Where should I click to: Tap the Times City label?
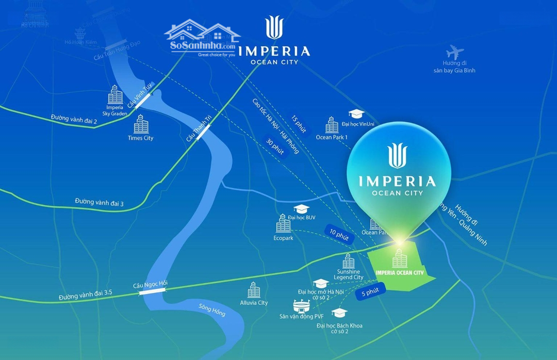click(140, 138)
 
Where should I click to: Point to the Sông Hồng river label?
click(212, 310)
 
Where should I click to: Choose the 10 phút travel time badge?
click(338, 233)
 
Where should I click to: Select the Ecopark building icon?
click(283, 224)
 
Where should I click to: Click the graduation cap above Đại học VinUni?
click(356, 114)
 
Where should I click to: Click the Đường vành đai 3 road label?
click(99, 202)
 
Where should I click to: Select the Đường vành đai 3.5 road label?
click(85, 295)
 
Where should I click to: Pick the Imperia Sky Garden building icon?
click(115, 95)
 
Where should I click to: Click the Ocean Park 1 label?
click(332, 137)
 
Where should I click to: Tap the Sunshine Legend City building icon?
click(349, 260)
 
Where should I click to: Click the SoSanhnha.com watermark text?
click(202, 45)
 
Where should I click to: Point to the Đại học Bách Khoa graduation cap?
click(339, 313)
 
